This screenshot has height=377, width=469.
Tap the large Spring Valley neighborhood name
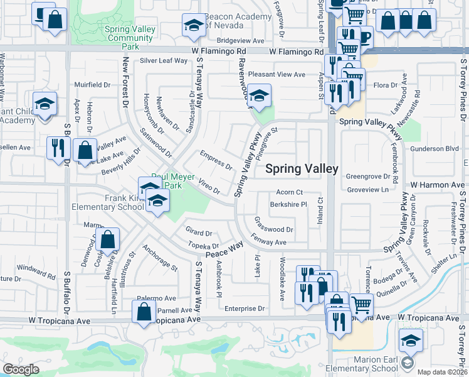point(302,168)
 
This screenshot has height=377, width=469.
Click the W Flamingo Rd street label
point(296,52)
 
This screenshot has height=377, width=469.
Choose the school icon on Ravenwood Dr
point(258,96)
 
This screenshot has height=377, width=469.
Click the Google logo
point(21,369)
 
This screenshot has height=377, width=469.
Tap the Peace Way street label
point(224,249)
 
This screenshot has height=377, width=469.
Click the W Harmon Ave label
point(437,185)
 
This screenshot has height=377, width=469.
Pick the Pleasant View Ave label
point(277,74)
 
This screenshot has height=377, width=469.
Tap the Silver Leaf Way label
point(164,61)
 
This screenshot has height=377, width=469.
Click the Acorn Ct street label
point(289,192)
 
